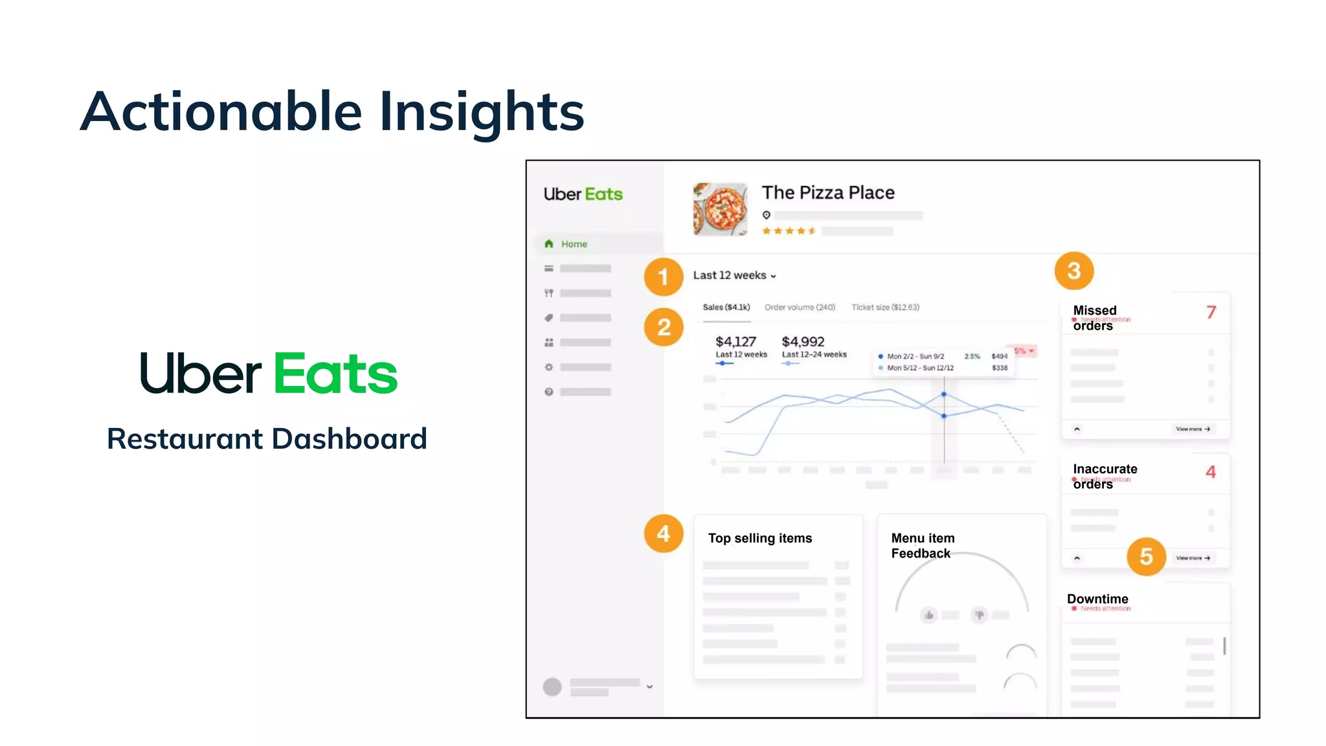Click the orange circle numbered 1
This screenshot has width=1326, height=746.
pos(663,277)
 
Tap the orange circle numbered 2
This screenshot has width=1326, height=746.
pos(664,327)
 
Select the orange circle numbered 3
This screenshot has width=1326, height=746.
pos(1073,271)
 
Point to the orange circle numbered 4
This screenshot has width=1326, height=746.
pos(663,534)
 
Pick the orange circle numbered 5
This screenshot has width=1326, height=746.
pos(1146,556)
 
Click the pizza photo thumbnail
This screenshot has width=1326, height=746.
pos(720,209)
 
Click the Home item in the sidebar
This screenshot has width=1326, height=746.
pos(574,244)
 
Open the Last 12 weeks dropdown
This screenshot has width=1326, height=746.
pos(734,275)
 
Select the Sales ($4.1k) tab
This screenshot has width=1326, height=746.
pos(726,307)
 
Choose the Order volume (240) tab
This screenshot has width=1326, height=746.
pos(800,307)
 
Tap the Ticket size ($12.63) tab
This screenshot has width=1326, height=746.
pos(885,307)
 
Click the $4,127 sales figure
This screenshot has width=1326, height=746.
pos(736,341)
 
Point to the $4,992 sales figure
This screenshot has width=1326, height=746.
pos(803,341)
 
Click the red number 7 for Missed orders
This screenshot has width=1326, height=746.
pos(1211,312)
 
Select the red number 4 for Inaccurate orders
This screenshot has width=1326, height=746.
pos(1210,472)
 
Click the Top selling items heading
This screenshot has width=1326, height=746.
pos(759,538)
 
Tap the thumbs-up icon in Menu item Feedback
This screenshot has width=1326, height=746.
pos(929,615)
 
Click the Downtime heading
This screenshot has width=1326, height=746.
pos(1097,599)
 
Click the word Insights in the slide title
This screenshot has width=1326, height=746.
pos(482,111)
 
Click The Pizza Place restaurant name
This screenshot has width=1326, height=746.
pos(828,192)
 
